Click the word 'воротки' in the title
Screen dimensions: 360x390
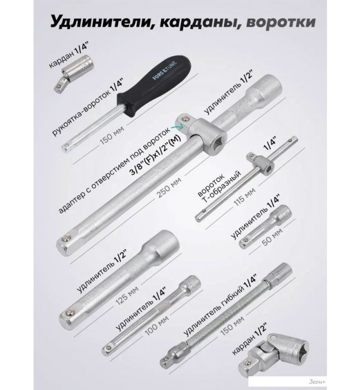(281, 22)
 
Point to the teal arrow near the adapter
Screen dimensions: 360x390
(177, 127)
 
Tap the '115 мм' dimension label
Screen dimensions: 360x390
(244, 196)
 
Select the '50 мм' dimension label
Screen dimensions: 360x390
(272, 237)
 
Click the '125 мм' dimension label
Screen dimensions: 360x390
(127, 295)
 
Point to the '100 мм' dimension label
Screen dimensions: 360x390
(156, 324)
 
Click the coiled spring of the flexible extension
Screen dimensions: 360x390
(228, 313)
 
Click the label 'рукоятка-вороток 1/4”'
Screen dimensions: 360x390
(88, 108)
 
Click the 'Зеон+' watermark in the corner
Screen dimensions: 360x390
(317, 381)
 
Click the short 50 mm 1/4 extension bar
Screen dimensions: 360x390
(265, 226)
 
